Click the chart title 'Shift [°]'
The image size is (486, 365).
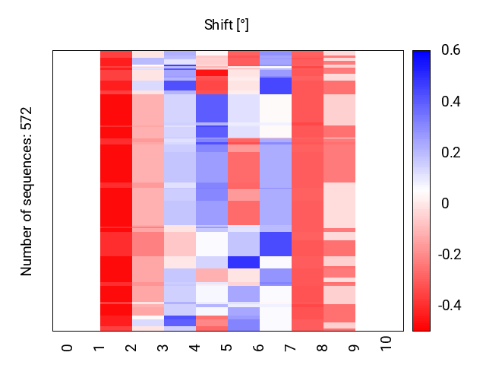point(226,25)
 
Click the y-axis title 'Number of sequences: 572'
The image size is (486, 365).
point(27,191)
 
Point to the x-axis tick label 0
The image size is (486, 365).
point(68,348)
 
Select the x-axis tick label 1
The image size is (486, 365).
point(99,348)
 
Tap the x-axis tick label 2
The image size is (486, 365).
point(131,348)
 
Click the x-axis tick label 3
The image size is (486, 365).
point(163,348)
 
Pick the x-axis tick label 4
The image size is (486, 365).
point(195,348)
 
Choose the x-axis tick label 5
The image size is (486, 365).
point(227,348)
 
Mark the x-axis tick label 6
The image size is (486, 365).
point(259,348)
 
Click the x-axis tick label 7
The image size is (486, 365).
point(291,348)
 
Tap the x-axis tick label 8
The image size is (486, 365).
point(323,348)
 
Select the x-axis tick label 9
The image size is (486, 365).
point(355,348)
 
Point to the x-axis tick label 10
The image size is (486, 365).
point(387,344)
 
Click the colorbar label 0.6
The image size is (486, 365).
point(450,51)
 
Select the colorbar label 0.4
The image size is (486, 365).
point(450,102)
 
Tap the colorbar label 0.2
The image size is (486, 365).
point(450,153)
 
